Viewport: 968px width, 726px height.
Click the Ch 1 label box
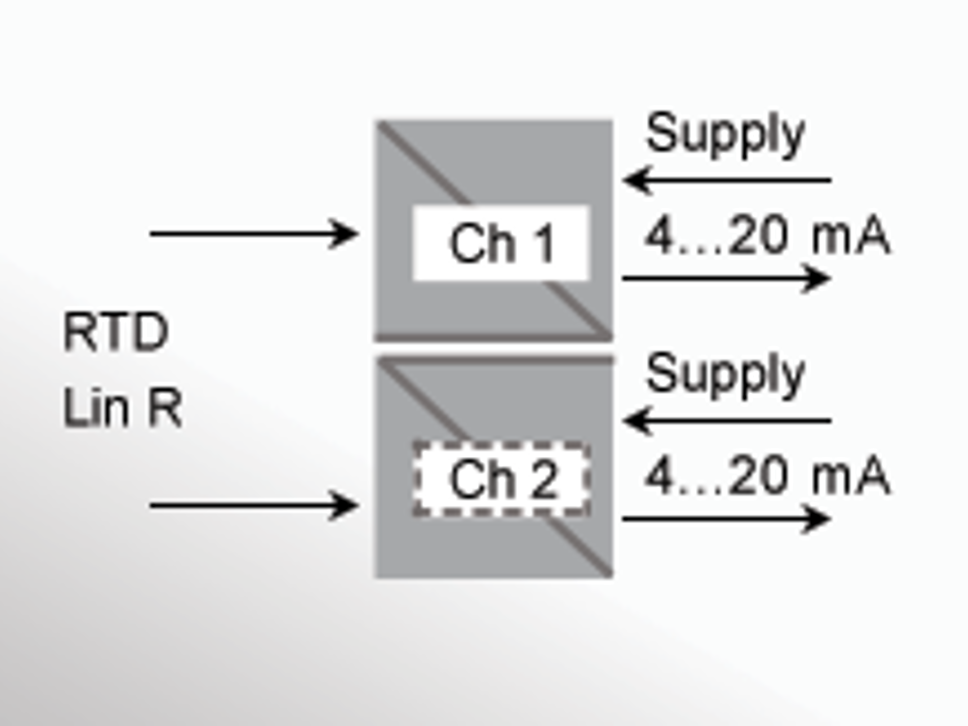point(501,243)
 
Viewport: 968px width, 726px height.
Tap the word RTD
point(115,332)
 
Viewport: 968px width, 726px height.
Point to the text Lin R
point(122,408)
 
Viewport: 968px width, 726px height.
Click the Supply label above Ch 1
point(725,134)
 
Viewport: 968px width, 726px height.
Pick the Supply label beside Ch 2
point(725,374)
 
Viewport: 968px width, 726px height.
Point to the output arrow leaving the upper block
point(726,278)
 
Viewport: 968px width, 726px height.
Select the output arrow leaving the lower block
point(726,518)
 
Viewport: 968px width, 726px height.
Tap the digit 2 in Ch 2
point(545,479)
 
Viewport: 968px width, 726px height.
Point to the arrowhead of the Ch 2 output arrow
point(817,518)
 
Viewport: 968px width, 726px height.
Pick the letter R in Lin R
point(164,408)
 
